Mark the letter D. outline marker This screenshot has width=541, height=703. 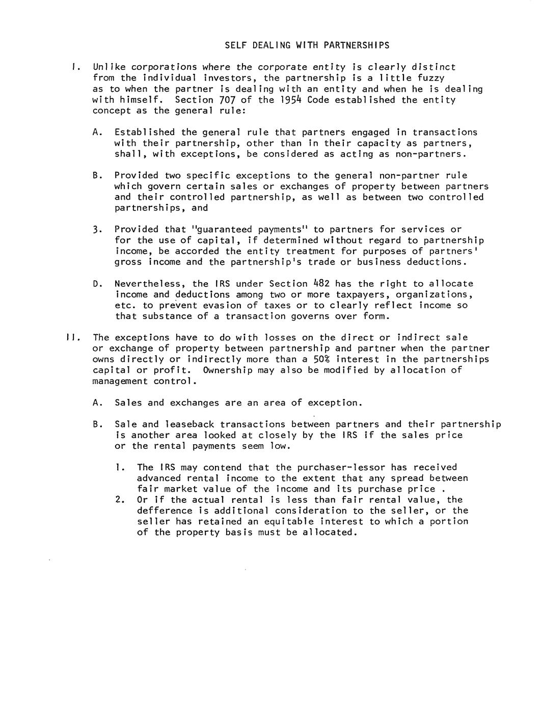pos(97,284)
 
